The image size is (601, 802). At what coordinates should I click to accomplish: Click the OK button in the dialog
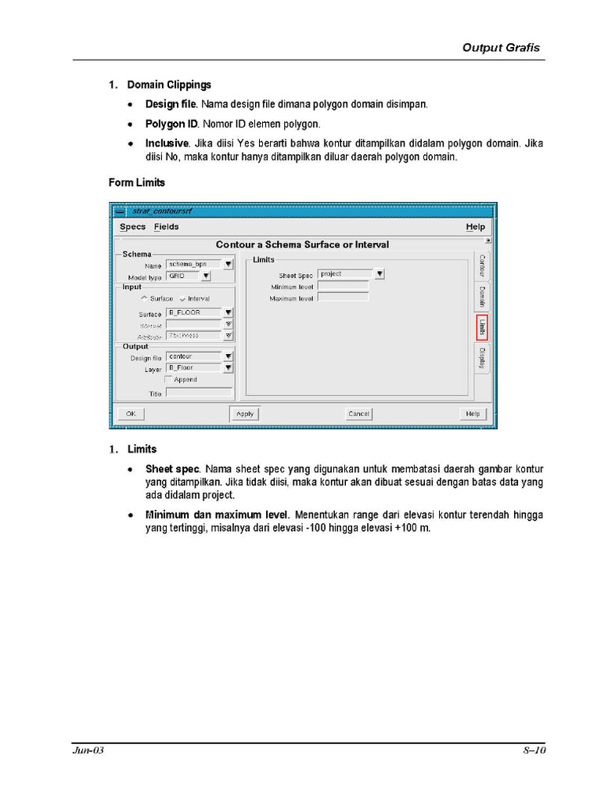click(x=130, y=414)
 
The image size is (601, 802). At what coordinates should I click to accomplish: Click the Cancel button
click(x=359, y=414)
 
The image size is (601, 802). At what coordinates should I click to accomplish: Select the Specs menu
click(x=132, y=227)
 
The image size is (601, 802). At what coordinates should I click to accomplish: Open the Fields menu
click(x=166, y=227)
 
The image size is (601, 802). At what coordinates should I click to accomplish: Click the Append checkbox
click(x=168, y=379)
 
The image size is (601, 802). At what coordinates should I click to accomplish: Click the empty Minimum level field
click(x=343, y=286)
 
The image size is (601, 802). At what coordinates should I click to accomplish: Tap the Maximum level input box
click(x=343, y=298)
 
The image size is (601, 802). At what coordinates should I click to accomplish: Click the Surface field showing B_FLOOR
click(x=193, y=312)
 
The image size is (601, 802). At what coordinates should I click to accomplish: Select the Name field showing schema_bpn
click(x=193, y=265)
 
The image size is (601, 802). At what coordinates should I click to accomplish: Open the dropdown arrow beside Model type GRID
click(x=206, y=276)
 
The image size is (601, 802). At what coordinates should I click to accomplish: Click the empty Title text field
click(x=199, y=393)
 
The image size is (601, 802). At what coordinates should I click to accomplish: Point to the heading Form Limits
click(x=136, y=182)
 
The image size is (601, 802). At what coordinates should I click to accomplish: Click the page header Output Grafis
click(x=501, y=48)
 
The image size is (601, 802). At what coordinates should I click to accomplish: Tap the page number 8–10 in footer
click(x=534, y=750)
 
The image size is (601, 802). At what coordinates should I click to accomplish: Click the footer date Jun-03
click(x=88, y=750)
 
